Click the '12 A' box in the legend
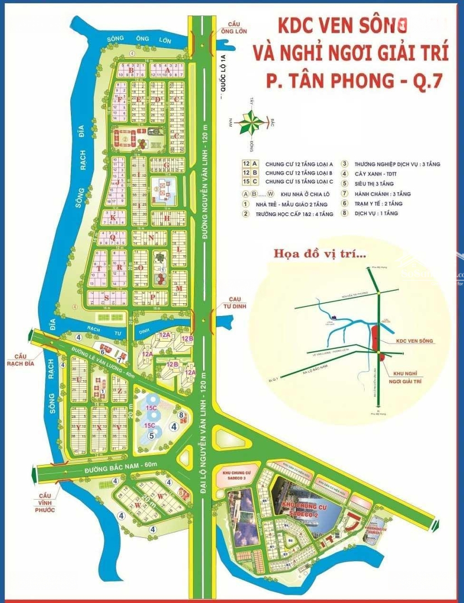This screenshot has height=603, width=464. point(250,164)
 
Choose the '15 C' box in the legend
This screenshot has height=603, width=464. point(250,182)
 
